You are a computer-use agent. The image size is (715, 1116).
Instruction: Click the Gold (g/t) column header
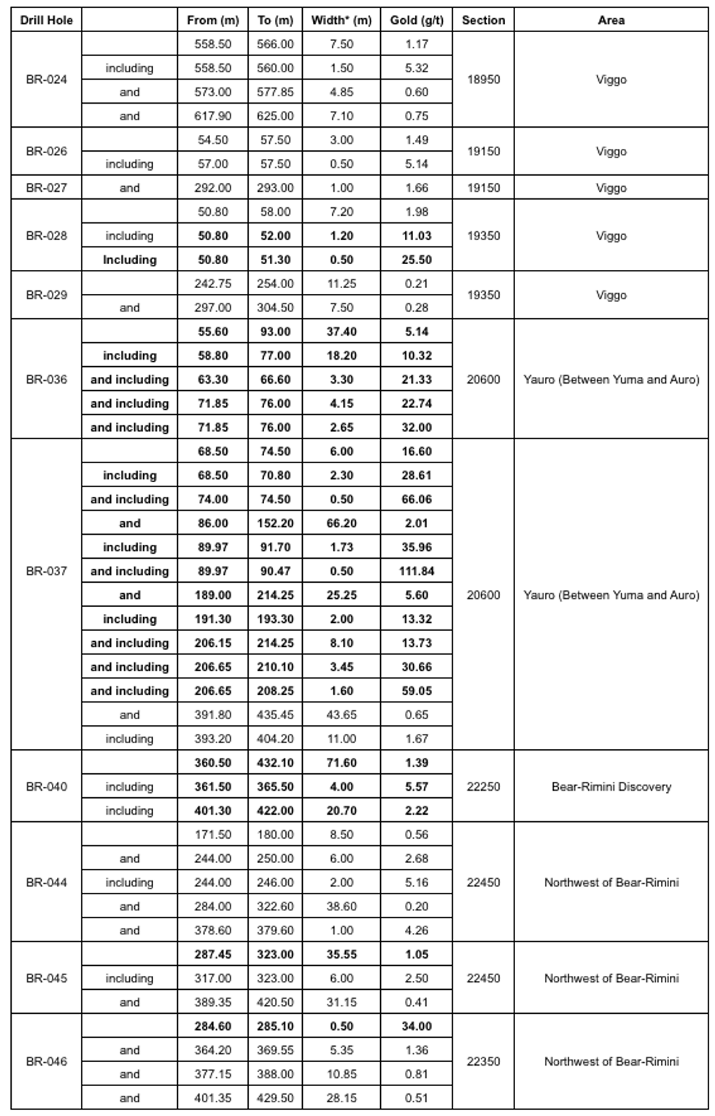[x=416, y=20]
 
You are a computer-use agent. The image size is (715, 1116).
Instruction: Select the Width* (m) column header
[x=341, y=20]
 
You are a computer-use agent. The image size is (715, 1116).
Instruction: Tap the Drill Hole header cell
[x=46, y=20]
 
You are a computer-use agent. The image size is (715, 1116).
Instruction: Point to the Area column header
[x=611, y=20]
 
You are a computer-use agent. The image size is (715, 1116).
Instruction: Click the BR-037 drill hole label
[x=46, y=570]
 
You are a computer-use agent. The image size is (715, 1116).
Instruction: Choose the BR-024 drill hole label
[x=46, y=80]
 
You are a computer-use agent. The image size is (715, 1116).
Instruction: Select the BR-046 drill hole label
[x=46, y=1061]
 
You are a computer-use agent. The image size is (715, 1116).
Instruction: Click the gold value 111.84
[x=416, y=571]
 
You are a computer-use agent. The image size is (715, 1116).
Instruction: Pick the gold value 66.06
[x=416, y=499]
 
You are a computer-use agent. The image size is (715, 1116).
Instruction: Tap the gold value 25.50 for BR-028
[x=416, y=260]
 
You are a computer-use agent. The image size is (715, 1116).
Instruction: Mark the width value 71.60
[x=341, y=762]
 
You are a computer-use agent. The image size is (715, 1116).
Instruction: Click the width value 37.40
[x=341, y=331]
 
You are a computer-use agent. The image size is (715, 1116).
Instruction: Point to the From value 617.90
[x=212, y=116]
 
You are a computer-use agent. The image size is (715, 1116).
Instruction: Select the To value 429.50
[x=275, y=1098]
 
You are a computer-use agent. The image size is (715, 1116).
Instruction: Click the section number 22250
[x=483, y=786]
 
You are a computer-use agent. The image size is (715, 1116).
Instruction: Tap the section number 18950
[x=483, y=80]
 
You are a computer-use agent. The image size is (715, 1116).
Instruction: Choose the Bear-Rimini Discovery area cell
[x=611, y=786]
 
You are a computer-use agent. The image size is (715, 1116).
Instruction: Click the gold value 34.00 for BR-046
[x=416, y=1026]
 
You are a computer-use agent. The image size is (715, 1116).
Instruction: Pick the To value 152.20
[x=275, y=523]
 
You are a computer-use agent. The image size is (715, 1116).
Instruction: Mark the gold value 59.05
[x=416, y=691]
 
